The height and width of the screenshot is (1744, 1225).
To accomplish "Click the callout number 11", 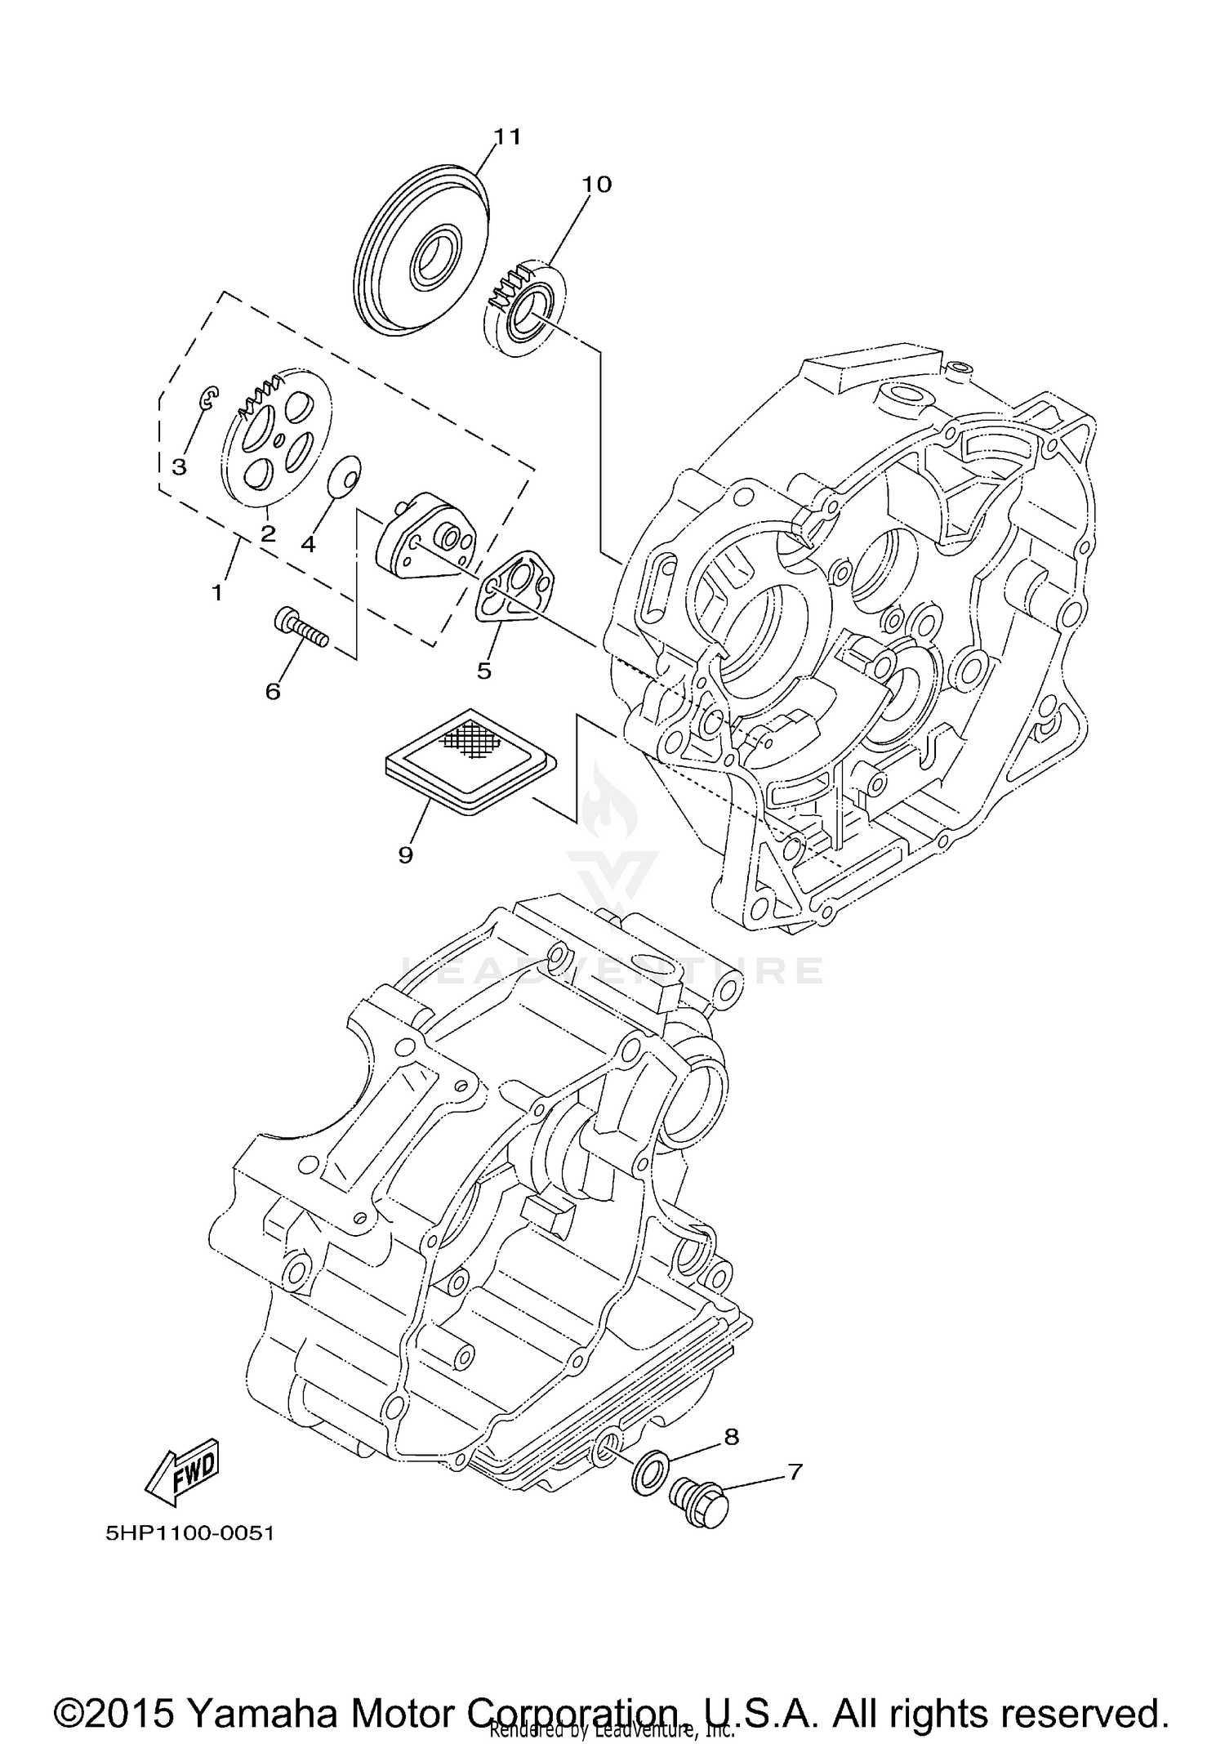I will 507,136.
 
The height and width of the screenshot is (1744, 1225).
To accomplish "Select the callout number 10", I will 596,185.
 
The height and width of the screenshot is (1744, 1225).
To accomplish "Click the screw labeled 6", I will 301,630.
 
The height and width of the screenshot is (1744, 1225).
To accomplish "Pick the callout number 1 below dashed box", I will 217,593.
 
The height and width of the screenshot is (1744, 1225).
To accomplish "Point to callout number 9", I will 405,855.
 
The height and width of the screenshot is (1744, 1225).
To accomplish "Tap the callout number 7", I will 795,1472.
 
